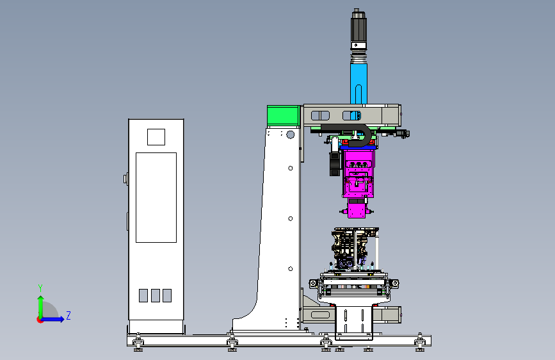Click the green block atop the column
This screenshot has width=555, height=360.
[x=284, y=115]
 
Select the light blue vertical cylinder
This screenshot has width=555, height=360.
[x=358, y=84]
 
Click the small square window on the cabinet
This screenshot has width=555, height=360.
[x=156, y=137]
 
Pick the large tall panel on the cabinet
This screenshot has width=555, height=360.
[x=156, y=198]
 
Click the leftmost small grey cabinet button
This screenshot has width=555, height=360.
[x=143, y=295]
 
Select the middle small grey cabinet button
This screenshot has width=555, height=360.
[x=156, y=295]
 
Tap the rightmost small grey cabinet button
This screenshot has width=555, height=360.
[x=167, y=295]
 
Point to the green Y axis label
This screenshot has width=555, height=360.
[x=40, y=288]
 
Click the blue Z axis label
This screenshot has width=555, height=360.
[x=68, y=315]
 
